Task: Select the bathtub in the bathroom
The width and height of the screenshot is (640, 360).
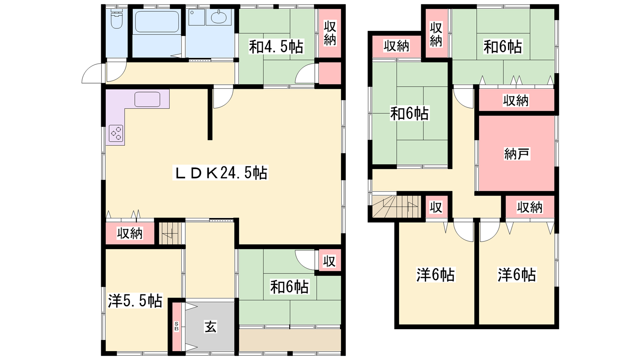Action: pos(157,22)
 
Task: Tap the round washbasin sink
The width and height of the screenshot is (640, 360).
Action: pos(219,17)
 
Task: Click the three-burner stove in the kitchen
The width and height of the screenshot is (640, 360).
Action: pos(116,134)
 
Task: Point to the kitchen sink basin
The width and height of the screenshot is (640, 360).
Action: pos(148,100)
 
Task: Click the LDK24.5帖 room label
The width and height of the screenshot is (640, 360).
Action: pos(220,173)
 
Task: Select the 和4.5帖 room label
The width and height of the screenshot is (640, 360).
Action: pos(276,46)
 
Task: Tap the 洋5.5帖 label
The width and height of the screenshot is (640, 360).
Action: pos(135,300)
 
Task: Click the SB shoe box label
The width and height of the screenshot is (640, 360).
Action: pos(176,326)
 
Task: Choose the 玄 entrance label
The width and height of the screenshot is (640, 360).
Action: pos(210,327)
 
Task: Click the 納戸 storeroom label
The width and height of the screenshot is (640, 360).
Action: pos(517,154)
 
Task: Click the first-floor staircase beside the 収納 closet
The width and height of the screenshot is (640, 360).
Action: pos(170,233)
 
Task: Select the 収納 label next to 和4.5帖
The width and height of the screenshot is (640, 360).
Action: pos(330,34)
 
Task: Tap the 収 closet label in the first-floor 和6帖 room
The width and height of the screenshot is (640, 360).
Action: pos(330,261)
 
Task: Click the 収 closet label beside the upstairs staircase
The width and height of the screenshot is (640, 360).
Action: pos(436,208)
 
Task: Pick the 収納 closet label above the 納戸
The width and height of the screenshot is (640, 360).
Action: pos(516,100)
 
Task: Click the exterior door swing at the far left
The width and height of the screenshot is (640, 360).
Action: pos(92,73)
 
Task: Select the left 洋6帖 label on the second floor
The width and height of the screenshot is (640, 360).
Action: pos(436,275)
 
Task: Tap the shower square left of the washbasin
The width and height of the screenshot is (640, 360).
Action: pos(196,18)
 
